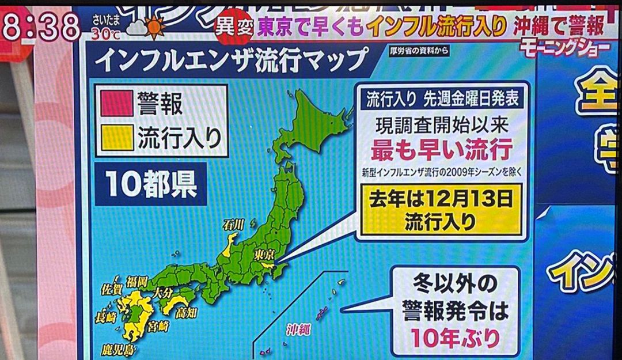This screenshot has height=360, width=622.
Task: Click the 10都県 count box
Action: pos(151,185)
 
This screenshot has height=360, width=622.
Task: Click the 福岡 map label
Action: pos(137,282)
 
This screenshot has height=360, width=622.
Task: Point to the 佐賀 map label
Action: pos(111,288)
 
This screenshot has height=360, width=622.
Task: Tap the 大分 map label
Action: pos(164,293)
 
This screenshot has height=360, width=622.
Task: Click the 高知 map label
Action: pos(188,313)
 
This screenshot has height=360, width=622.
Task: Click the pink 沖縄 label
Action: pos(299,329)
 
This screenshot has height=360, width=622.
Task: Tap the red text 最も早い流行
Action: pos(441,151)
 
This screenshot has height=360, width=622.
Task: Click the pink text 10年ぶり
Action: pos(455,338)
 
